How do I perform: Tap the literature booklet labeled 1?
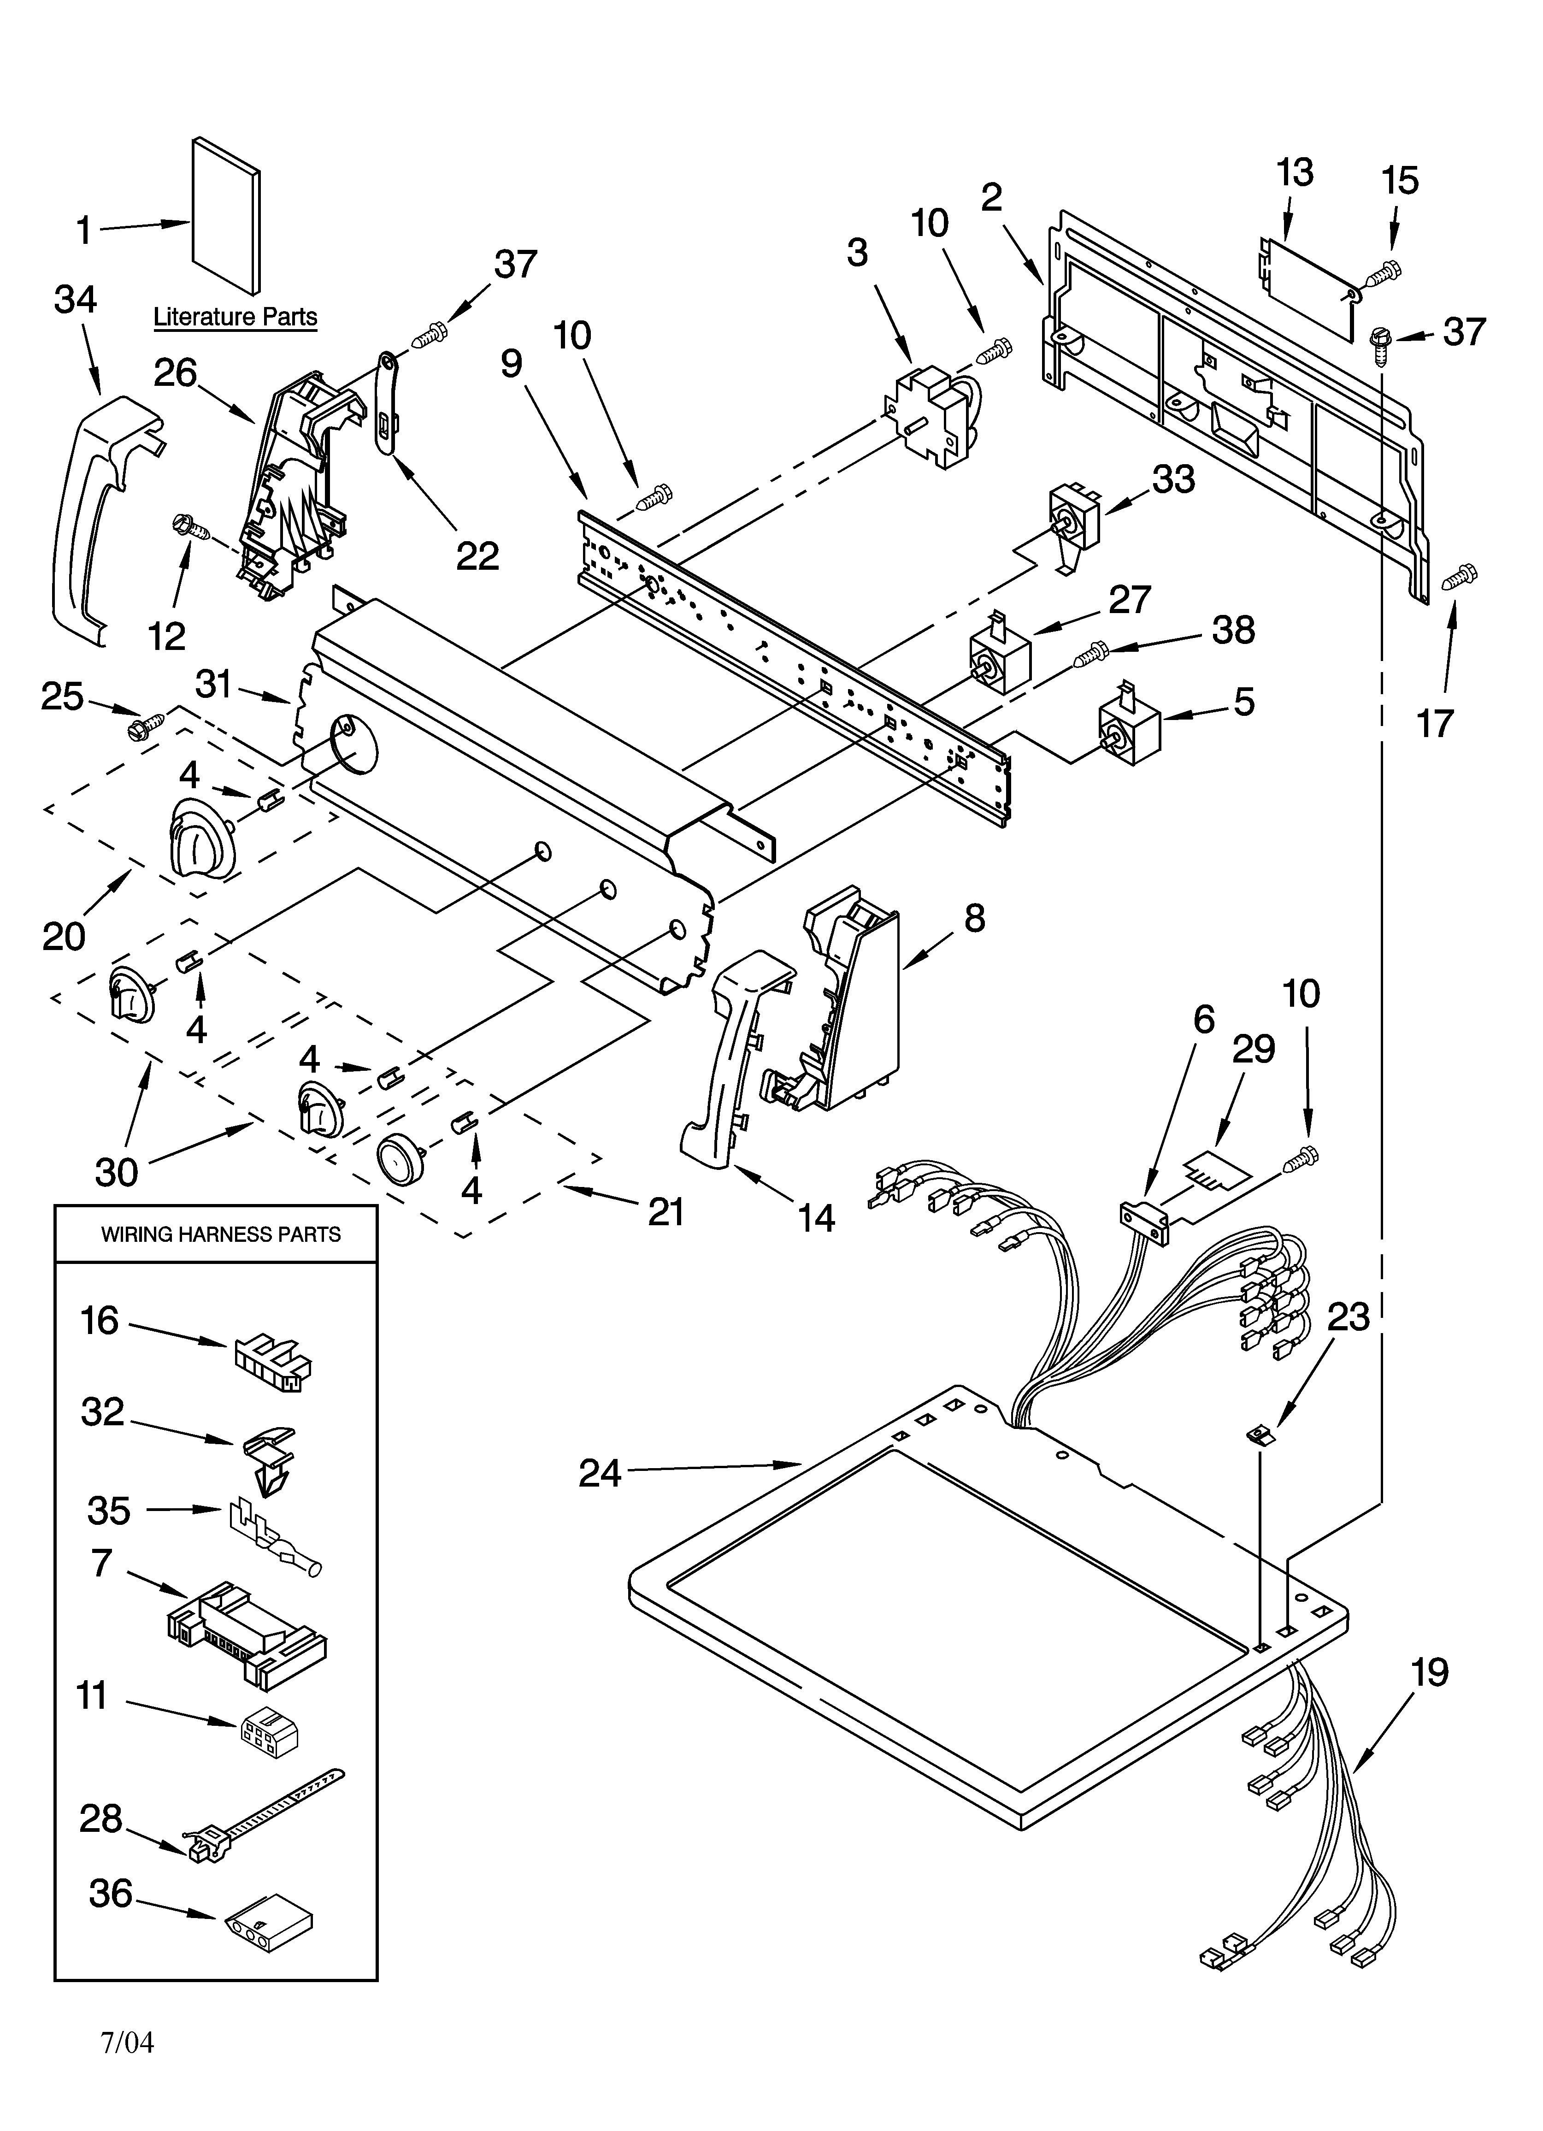click(x=225, y=216)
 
